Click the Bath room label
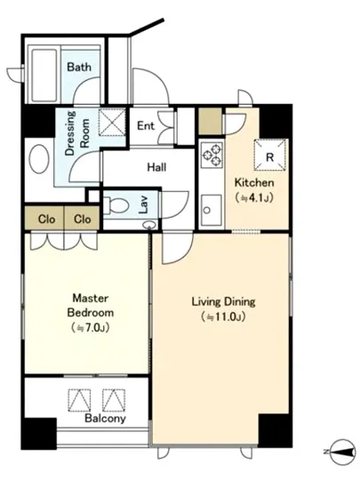79,67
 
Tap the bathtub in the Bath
44,76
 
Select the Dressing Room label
77,133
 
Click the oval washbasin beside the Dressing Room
39,159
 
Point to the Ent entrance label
146,125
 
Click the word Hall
156,167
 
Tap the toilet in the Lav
116,206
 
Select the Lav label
143,204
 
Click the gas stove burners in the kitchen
212,155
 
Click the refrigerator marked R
270,155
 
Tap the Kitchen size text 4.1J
254,197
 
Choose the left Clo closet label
46,219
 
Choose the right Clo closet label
83,219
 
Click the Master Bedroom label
91,305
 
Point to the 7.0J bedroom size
91,328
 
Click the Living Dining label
223,302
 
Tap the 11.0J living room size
223,317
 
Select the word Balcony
105,419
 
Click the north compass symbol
342,452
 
